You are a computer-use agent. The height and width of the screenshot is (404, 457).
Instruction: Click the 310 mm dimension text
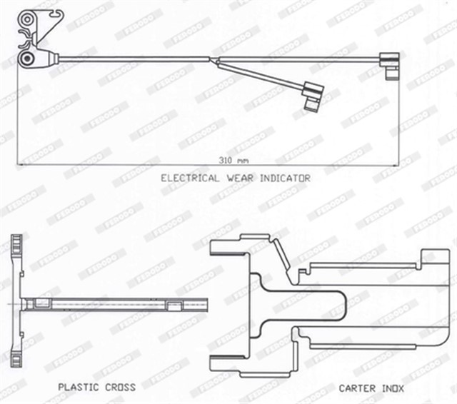[233, 160]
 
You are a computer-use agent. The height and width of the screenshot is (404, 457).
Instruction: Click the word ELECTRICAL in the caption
[190, 178]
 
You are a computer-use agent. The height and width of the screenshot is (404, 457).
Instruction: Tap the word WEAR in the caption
[240, 178]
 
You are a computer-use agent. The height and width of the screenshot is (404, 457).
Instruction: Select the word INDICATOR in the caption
[285, 178]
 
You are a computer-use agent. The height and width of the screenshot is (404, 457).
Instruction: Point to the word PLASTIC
[79, 387]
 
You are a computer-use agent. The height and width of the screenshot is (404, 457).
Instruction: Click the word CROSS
[121, 387]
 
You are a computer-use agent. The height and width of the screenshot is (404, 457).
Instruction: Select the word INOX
[393, 388]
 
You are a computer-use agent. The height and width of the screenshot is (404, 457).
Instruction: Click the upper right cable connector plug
[390, 66]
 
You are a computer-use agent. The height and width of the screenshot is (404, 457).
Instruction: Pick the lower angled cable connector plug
[313, 96]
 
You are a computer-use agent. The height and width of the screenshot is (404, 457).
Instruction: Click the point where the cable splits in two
[216, 60]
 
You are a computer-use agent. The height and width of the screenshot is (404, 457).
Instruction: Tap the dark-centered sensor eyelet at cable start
[28, 59]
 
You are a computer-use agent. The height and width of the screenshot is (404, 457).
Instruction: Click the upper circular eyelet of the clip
[27, 19]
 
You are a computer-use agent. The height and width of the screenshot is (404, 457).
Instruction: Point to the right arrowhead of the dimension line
[396, 165]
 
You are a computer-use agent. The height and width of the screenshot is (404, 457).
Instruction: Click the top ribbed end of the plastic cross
[16, 244]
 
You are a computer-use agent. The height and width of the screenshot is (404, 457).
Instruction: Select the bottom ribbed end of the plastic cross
[16, 358]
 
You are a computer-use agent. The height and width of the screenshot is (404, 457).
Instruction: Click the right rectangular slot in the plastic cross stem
[174, 305]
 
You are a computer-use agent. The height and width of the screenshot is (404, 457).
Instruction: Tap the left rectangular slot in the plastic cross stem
[43, 303]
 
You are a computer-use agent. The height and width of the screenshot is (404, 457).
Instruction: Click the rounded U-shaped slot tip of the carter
[344, 305]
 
